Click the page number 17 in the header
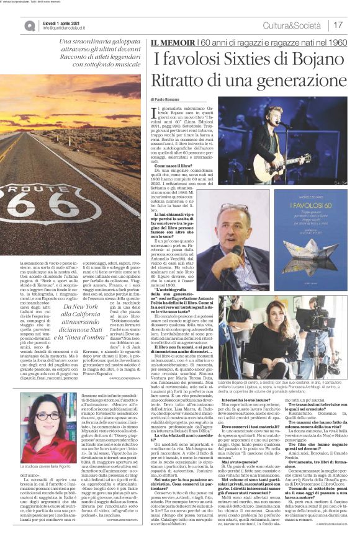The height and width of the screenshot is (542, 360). pyautogui.click(x=338, y=25)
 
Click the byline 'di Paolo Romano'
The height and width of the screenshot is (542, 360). pyautogui.click(x=164, y=99)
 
